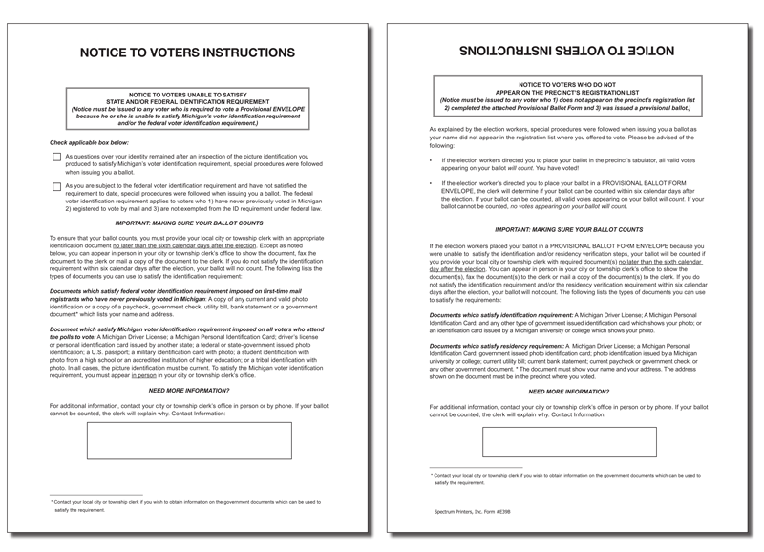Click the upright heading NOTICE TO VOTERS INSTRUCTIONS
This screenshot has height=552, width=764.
[186, 53]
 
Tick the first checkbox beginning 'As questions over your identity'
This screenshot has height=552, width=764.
[56, 158]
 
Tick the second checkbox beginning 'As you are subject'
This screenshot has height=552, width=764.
[56, 190]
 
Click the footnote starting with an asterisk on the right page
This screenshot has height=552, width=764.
[563, 478]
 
